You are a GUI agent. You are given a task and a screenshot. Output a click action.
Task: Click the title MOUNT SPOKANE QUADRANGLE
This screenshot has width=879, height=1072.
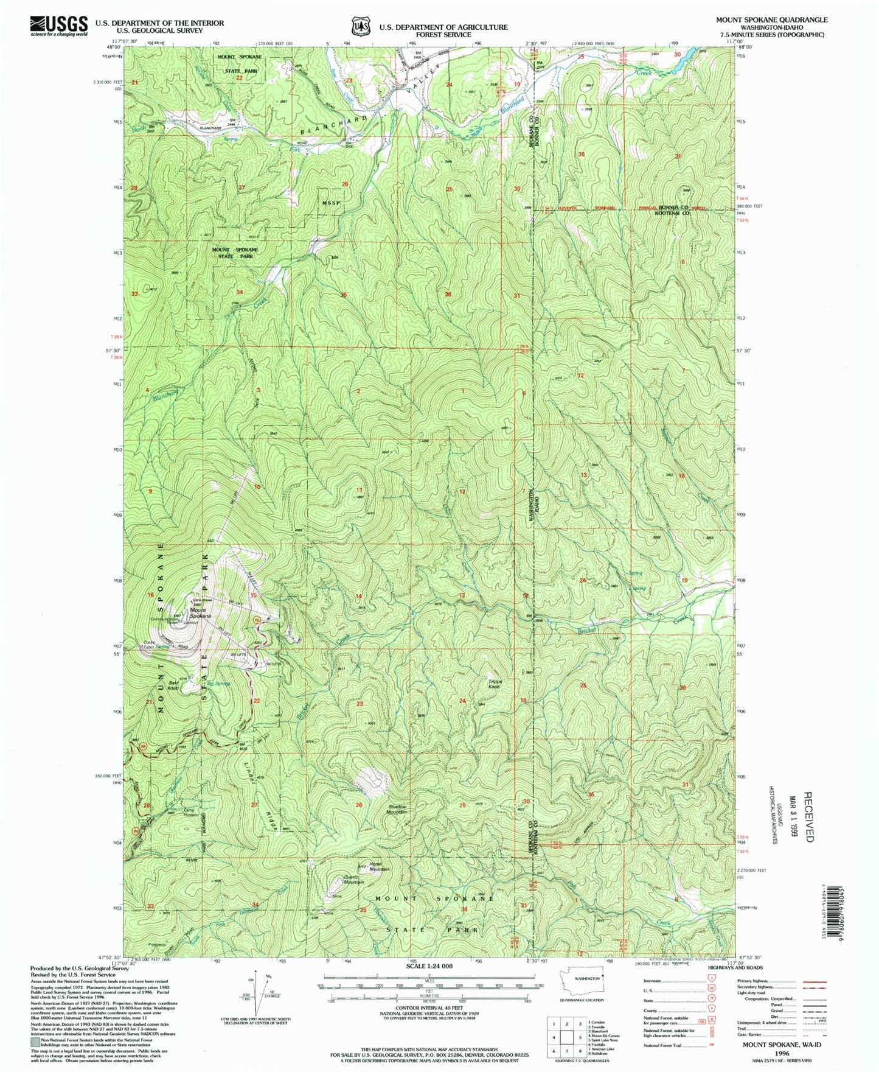pyautogui.click(x=773, y=20)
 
